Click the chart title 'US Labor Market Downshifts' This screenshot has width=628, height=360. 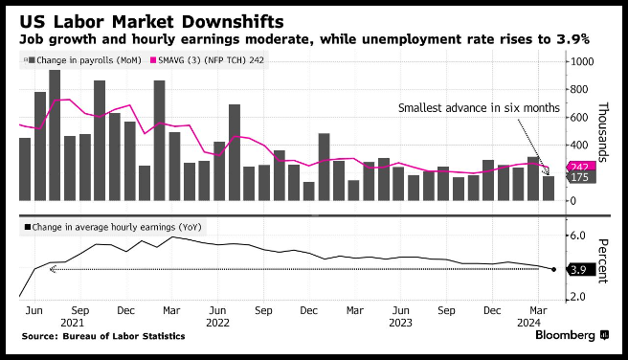point(151,22)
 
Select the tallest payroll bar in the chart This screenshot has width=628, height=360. point(55,135)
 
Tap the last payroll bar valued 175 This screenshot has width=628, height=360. point(549,189)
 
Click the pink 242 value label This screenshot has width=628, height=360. point(580,167)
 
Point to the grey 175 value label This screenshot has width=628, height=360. point(580,177)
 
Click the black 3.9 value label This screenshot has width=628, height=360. point(579,270)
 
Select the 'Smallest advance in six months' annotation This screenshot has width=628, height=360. point(479,108)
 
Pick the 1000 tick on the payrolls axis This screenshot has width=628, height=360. point(582,61)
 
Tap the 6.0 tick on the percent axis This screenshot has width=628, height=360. point(577,236)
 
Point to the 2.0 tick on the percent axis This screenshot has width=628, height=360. point(577,297)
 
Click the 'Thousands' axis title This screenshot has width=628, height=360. point(603,132)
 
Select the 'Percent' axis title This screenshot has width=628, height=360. point(603,261)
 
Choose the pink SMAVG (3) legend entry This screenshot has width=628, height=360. point(207,60)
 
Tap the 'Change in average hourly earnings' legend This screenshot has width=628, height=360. point(113,228)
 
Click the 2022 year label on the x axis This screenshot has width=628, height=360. point(217,323)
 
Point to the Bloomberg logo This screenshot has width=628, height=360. point(572,335)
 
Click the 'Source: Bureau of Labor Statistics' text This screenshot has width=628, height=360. point(103,336)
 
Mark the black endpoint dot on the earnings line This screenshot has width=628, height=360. point(553,269)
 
